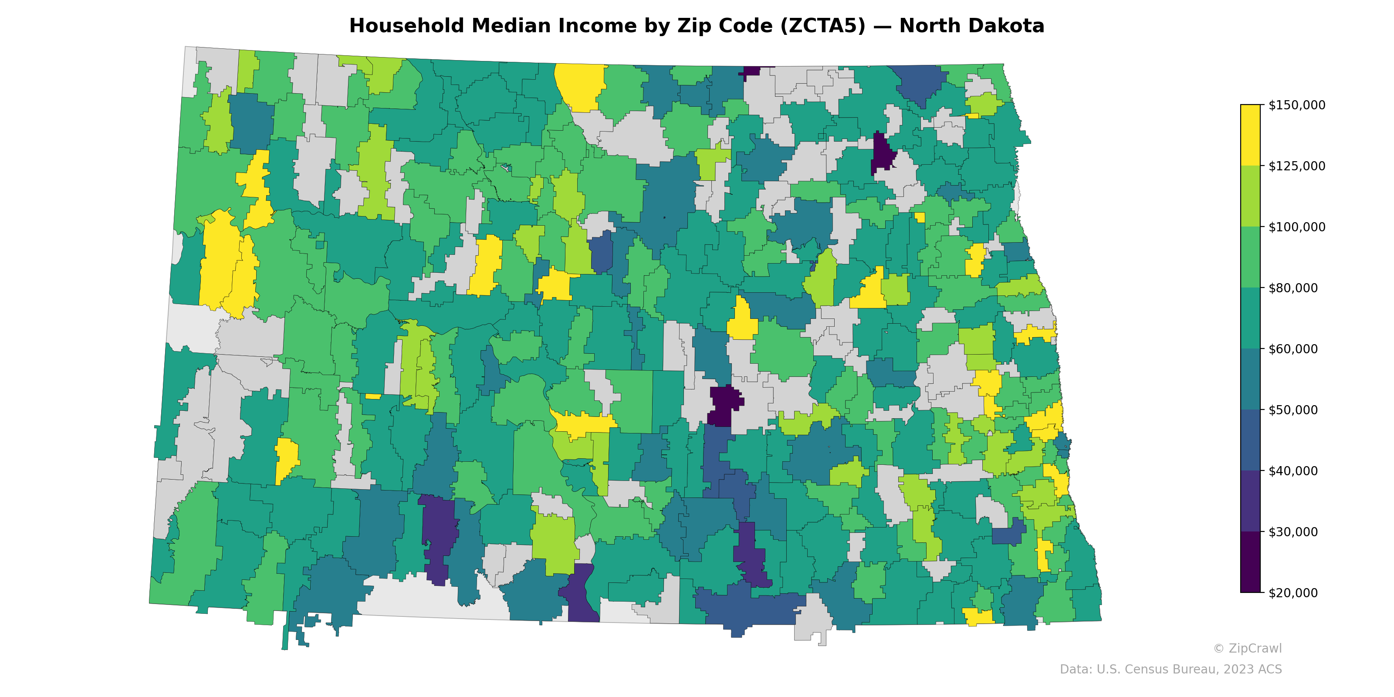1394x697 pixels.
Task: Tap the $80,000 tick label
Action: (1293, 288)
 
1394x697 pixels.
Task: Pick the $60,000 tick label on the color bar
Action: (1293, 349)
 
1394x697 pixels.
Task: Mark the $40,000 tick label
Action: (1293, 471)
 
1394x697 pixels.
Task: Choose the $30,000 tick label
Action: (1293, 532)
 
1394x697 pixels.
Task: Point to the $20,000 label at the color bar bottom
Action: (1293, 593)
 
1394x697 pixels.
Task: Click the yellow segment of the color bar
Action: (1250, 135)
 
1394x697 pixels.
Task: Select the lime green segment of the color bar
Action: (1250, 196)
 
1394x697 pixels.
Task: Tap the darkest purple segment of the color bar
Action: (1250, 562)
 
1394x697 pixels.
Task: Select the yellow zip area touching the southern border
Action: (977, 616)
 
